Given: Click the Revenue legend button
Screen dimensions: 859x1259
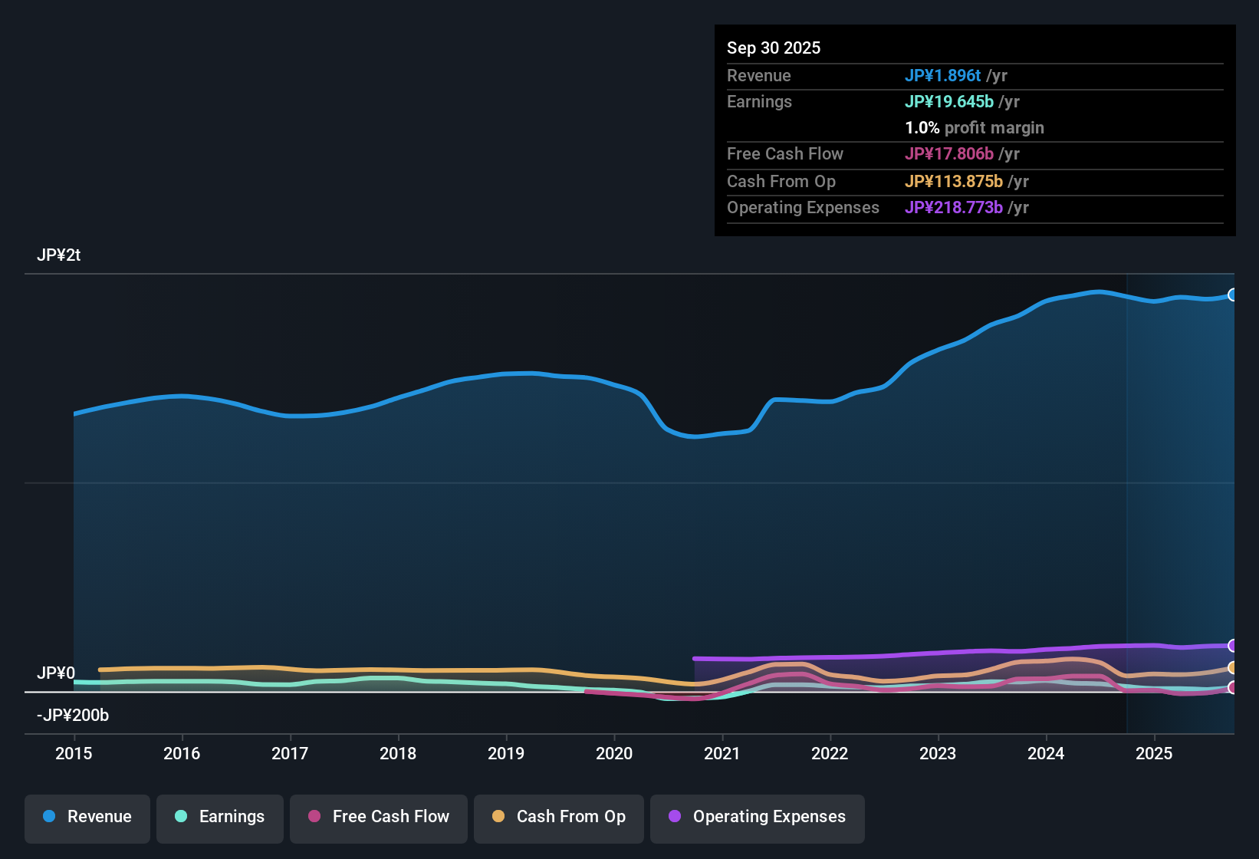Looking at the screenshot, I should pyautogui.click(x=87, y=817).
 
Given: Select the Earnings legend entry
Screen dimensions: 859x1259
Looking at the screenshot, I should pyautogui.click(x=220, y=817).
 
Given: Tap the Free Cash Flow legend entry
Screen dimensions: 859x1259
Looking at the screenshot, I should pyautogui.click(x=379, y=817).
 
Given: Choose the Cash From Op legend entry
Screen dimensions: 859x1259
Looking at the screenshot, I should pyautogui.click(x=559, y=817).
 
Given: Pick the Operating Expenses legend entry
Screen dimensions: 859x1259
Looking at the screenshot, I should pyautogui.click(x=758, y=817).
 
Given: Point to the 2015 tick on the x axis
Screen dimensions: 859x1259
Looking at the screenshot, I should pyautogui.click(x=74, y=753).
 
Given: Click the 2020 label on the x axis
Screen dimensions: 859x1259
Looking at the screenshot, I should pyautogui.click(x=614, y=753).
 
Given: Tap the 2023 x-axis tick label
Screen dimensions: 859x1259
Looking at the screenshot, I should pyautogui.click(x=938, y=753).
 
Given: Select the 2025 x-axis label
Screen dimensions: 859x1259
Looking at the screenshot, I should pyautogui.click(x=1154, y=753).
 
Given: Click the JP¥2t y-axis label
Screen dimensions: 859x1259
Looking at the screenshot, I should pyautogui.click(x=59, y=255).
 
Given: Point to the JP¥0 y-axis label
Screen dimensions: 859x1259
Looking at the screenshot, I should pyautogui.click(x=56, y=673).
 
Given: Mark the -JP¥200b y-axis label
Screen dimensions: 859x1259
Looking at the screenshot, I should pyautogui.click(x=73, y=716).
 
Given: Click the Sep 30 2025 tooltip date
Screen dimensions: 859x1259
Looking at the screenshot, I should pyautogui.click(x=774, y=48).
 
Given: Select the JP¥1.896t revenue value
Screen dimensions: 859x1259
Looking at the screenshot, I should pyautogui.click(x=942, y=75).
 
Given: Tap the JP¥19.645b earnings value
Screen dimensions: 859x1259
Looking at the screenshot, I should pyautogui.click(x=948, y=101).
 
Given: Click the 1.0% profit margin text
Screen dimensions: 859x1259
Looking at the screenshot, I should pyautogui.click(x=975, y=127).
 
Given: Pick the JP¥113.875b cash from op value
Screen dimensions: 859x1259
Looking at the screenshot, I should pyautogui.click(x=953, y=181).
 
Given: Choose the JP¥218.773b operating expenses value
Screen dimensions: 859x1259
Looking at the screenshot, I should pyautogui.click(x=953, y=207).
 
